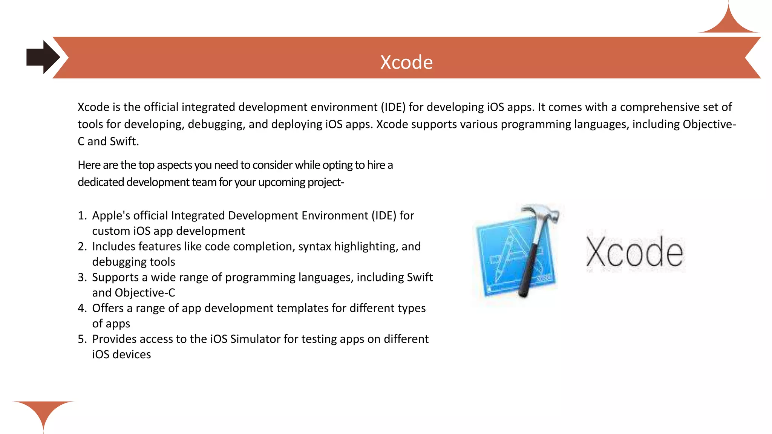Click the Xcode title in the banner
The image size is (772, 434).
pyautogui.click(x=406, y=62)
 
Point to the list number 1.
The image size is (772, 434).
pyautogui.click(x=82, y=215)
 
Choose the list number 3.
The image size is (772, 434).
pyautogui.click(x=82, y=277)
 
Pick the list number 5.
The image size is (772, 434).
pyautogui.click(x=82, y=339)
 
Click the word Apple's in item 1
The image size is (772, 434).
pyautogui.click(x=111, y=215)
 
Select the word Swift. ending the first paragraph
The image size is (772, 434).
pyautogui.click(x=124, y=141)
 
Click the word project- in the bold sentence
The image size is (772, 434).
pyautogui.click(x=325, y=182)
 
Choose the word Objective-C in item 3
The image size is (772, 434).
pyautogui.click(x=145, y=293)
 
